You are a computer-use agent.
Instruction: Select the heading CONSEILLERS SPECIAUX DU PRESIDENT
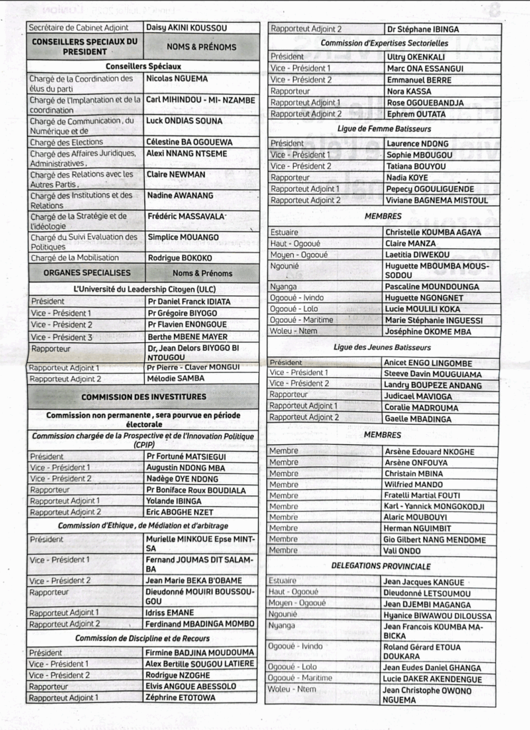[x=85, y=46]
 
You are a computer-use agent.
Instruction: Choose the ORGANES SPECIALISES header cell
[x=86, y=272]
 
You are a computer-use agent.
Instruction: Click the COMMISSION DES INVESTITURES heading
[x=143, y=396]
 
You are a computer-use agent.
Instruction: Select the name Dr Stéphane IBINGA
[x=422, y=29]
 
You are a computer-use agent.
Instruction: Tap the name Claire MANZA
[x=410, y=243]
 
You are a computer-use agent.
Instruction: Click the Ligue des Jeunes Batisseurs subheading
[x=382, y=347]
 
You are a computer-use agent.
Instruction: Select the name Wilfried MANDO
[x=414, y=484]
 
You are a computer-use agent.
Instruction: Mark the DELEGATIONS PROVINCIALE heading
[x=381, y=566]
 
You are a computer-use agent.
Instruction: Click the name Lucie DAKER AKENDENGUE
[x=432, y=679]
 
